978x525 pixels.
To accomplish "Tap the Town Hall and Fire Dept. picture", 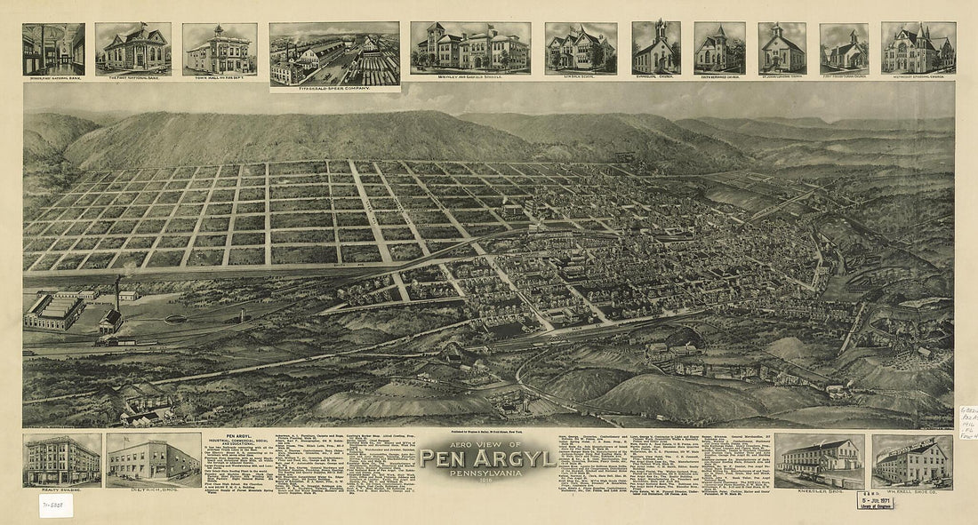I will [219, 49].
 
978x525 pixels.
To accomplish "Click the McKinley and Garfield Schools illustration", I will [470, 48].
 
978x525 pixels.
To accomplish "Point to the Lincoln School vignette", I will [581, 48].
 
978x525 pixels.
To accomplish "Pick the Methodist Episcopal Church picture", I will [918, 48].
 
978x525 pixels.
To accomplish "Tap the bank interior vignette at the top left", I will [53, 49].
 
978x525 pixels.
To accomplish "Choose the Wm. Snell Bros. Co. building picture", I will [911, 460].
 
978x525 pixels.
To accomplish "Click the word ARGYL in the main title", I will [513, 458].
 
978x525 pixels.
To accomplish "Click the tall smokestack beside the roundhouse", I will [116, 293].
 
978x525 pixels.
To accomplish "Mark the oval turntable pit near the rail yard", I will [176, 318].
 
